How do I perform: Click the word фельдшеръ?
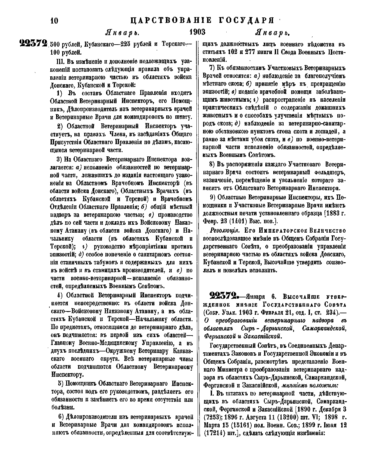(330, 172)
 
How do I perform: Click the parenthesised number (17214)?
(211, 433)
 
